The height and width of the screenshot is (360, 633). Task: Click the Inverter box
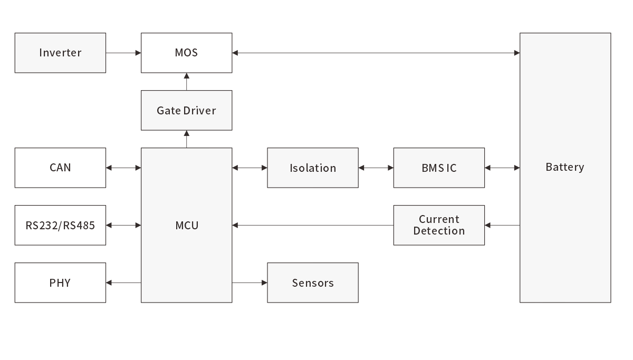point(60,53)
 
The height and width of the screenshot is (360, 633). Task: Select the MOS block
point(186,53)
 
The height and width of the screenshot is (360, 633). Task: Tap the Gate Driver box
point(186,110)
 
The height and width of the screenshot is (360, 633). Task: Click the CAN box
point(60,168)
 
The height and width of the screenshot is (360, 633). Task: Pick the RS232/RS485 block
point(60,225)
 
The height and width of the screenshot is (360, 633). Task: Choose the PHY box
point(60,283)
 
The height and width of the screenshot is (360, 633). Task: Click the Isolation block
point(313,168)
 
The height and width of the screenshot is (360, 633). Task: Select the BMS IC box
point(439,168)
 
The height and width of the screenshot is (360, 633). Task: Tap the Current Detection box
point(439,225)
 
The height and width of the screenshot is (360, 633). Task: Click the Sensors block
point(313,283)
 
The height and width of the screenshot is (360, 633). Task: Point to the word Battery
point(564,167)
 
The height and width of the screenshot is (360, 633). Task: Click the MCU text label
point(187,226)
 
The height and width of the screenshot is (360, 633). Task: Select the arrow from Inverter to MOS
point(123,53)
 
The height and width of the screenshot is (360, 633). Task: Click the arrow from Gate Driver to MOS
point(187,82)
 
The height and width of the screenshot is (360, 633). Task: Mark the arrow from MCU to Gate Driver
point(187,139)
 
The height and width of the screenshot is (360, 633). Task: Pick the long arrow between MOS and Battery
point(376,53)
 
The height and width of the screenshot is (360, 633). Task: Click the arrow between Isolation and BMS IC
point(376,168)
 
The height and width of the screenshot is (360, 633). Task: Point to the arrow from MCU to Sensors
point(250,283)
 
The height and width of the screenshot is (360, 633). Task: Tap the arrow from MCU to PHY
point(123,283)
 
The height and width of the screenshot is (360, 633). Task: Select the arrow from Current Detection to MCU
point(312,225)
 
